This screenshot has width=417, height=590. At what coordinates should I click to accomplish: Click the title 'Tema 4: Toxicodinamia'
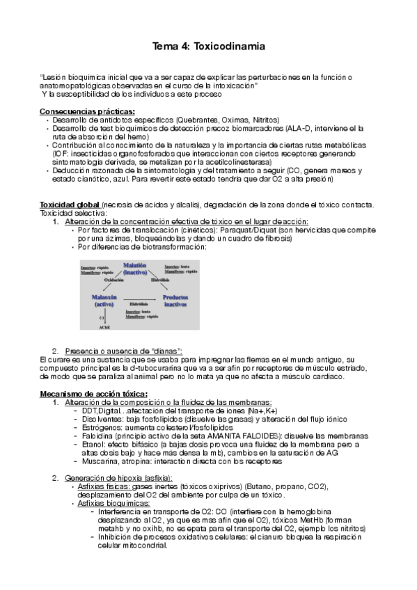[x=207, y=47]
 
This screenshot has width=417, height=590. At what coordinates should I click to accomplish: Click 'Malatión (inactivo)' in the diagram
[x=135, y=269]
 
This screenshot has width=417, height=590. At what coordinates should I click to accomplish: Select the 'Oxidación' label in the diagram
[x=114, y=280]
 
